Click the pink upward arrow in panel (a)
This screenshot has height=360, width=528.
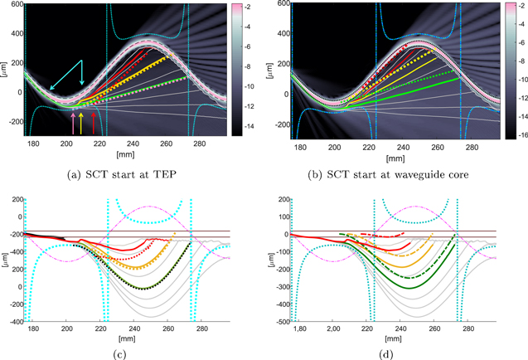point(74,124)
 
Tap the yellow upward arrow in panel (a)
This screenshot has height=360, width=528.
point(80,124)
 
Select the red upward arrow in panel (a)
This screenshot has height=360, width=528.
point(93,124)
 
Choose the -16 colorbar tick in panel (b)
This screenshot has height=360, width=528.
point(516,132)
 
